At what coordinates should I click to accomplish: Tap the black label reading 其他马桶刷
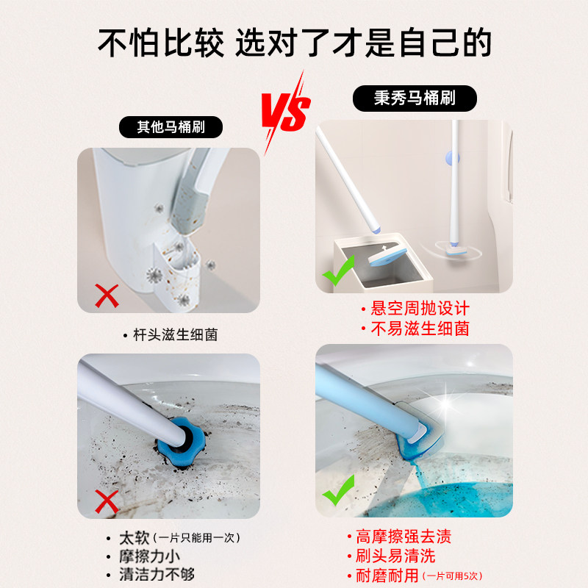coord(171,127)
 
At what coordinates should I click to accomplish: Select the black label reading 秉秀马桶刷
coord(415,98)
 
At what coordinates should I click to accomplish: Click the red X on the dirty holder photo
coord(107,296)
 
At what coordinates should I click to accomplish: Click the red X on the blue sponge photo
coord(107,501)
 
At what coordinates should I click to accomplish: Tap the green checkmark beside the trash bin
coord(339,270)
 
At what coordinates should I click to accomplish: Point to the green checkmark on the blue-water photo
coord(339,490)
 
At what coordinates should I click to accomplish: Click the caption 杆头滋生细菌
coord(176,335)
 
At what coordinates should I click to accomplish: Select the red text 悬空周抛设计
coord(420,309)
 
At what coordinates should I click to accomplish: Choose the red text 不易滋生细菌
coord(420,329)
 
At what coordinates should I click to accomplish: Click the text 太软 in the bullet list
coord(135,538)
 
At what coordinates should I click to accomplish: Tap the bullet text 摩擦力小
coord(150,556)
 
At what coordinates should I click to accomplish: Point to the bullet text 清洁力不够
coord(157,575)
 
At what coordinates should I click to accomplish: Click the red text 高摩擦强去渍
coord(404,537)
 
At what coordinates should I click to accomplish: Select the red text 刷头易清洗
coord(395,556)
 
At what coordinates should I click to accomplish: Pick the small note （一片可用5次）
coord(452,576)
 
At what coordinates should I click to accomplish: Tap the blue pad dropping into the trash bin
coord(387,255)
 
